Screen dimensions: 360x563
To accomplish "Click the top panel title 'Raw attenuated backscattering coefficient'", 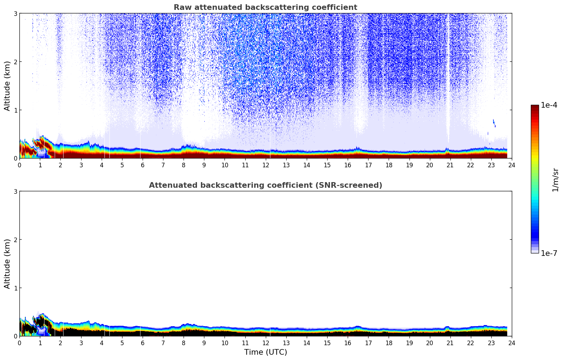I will (265, 7).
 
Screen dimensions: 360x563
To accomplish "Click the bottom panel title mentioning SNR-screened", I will (265, 185).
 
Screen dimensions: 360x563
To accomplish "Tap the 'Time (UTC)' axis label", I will (265, 352).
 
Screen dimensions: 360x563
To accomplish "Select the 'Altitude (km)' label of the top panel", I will (7, 86).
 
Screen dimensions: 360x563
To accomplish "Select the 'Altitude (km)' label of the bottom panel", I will (7, 264).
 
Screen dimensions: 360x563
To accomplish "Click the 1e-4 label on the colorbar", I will (549, 105).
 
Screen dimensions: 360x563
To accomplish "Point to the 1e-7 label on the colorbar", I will (549, 253).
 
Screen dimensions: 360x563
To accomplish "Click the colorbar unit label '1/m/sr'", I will (555, 180).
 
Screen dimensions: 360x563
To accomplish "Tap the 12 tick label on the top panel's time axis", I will (266, 165).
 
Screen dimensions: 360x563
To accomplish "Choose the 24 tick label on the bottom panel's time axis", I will (512, 343).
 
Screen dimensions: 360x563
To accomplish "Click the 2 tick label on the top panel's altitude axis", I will (15, 62).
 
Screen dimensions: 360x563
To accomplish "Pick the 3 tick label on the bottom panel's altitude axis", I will (15, 191).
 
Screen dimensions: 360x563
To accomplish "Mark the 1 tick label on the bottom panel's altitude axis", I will (15, 288).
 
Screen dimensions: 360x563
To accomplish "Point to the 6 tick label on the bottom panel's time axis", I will (143, 343).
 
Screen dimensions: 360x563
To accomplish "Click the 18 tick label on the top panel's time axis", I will (389, 165).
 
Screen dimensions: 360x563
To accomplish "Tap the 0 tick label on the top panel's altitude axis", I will (15, 158).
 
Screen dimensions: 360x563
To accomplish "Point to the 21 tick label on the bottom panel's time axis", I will (450, 343).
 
